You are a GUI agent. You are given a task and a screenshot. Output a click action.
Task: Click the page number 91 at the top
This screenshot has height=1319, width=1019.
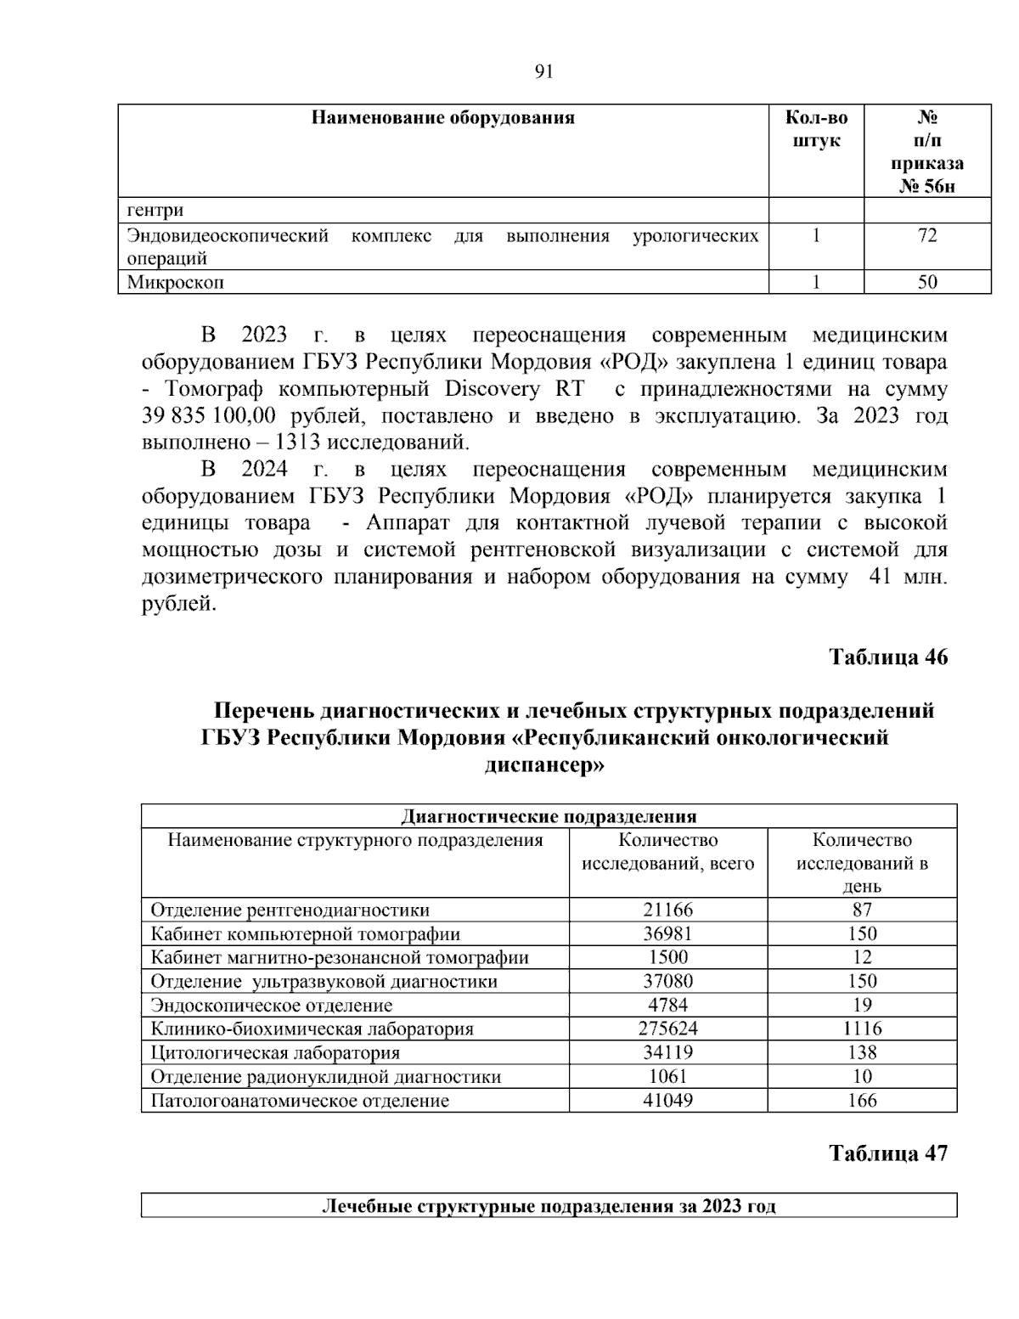[544, 72]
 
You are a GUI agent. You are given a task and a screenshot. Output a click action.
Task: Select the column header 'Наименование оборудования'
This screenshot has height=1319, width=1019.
[442, 117]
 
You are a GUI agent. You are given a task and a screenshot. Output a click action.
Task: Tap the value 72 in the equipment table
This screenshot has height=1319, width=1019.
[927, 235]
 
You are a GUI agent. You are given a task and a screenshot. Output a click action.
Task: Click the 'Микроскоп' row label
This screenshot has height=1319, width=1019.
[176, 282]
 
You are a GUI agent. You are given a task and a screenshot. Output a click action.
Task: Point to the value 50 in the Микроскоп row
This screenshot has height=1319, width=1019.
[927, 282]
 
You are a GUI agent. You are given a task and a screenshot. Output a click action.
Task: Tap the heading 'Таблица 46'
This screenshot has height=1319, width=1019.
[888, 657]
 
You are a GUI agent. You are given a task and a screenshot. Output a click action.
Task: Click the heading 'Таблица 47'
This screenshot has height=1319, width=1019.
[888, 1153]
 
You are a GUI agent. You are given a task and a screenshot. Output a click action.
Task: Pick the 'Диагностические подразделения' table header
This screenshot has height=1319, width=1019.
[549, 816]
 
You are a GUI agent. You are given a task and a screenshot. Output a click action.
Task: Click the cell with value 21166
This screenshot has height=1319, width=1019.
[667, 910]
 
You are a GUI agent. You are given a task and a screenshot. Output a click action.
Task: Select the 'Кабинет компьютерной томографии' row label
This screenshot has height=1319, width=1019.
[306, 934]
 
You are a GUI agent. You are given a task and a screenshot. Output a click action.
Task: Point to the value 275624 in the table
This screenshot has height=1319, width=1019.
[667, 1029]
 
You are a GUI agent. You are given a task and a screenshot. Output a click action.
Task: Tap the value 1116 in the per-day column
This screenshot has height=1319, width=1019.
[862, 1029]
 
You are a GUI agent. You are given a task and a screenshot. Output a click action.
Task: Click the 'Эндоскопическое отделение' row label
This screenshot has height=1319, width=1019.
[272, 1006]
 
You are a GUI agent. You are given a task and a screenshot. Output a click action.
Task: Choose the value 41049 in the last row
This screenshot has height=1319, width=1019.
[667, 1101]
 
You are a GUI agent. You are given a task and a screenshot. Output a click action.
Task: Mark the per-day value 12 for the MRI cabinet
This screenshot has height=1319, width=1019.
[862, 957]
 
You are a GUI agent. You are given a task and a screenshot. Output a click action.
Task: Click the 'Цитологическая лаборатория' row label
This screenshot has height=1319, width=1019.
[275, 1053]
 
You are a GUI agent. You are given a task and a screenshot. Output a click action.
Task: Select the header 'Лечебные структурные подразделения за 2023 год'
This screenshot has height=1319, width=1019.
[549, 1206]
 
